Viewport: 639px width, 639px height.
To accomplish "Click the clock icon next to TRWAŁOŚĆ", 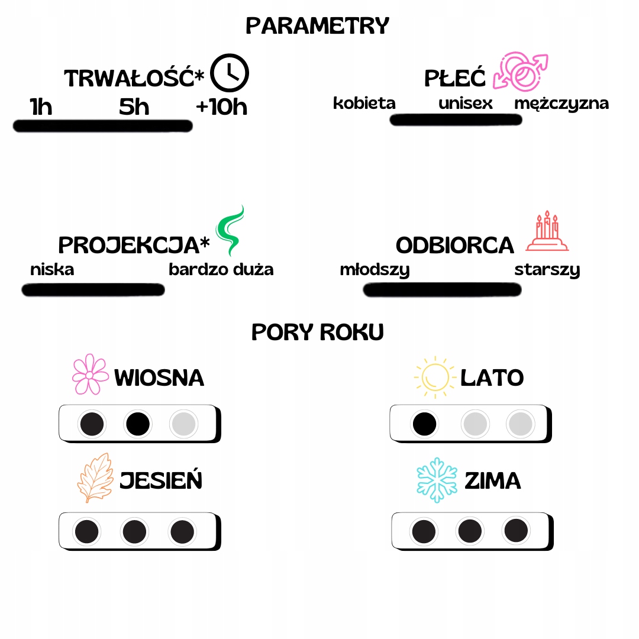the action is (x=230, y=73).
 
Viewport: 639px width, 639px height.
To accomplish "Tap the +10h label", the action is (x=221, y=107).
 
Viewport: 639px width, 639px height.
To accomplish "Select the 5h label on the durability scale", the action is (x=134, y=107).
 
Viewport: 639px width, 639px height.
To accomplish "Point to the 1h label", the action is (x=41, y=107).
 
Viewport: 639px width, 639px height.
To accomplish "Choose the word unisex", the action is (x=466, y=103).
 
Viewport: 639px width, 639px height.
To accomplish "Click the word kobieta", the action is (x=364, y=103).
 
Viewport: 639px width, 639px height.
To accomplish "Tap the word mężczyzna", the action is (x=561, y=104).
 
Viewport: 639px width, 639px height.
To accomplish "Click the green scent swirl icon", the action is (x=230, y=231).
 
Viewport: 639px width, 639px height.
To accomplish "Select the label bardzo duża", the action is (x=221, y=270).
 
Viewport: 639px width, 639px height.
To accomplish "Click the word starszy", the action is (x=547, y=270).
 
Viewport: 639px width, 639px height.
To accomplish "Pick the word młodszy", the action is (x=375, y=270).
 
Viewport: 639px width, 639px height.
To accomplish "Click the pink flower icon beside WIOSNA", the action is (x=90, y=375).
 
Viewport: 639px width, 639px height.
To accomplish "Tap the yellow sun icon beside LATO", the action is (x=434, y=376).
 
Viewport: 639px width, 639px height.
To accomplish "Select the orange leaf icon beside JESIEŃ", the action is (x=95, y=478).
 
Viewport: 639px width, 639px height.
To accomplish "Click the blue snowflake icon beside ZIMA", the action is (x=437, y=479).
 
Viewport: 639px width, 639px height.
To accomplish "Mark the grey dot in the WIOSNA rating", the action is (x=184, y=424).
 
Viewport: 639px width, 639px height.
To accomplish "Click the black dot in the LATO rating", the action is (x=425, y=424).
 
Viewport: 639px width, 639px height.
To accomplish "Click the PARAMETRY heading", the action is (x=318, y=26).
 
